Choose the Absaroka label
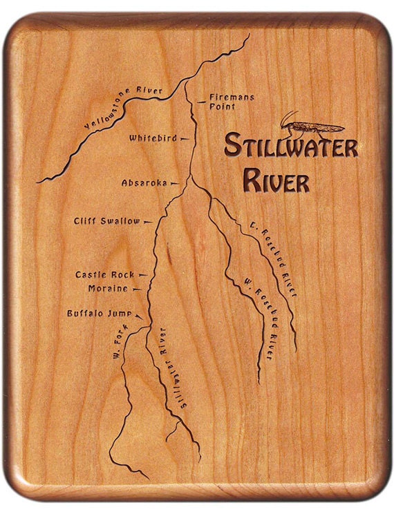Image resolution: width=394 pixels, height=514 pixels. (144, 183)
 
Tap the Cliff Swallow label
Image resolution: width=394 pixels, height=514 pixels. (106, 221)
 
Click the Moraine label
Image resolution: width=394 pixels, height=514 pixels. (108, 288)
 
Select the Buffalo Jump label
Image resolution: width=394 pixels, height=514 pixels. (99, 313)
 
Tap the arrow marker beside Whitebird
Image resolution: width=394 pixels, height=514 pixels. (185, 138)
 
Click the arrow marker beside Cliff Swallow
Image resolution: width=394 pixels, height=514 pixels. (148, 221)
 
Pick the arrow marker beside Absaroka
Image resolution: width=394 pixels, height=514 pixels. (174, 183)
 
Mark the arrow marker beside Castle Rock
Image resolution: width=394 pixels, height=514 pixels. (142, 275)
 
